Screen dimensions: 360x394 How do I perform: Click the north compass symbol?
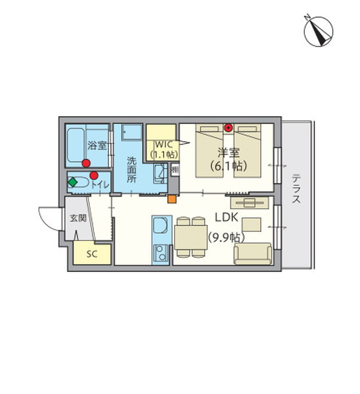tap(318, 31)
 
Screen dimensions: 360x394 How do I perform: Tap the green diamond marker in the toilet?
tap(72, 182)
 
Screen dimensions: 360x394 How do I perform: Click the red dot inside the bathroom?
tap(86, 164)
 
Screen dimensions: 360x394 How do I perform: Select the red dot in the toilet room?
tap(94, 175)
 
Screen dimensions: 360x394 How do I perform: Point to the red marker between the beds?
tap(228, 127)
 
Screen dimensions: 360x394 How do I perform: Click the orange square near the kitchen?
tap(172, 199)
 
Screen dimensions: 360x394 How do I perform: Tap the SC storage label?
tap(92, 254)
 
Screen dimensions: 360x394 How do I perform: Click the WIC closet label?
tap(164, 144)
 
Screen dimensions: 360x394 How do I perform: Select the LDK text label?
tap(226, 217)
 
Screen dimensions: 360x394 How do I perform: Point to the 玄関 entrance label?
tap(78, 218)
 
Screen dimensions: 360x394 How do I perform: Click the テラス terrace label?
tap(296, 188)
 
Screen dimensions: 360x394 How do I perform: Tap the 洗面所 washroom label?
tap(131, 169)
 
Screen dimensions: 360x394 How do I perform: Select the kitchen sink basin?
tap(160, 225)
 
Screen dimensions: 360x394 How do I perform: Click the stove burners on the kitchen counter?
tap(160, 253)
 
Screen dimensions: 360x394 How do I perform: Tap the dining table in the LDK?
tap(191, 237)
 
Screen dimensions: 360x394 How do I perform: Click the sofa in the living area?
tap(253, 253)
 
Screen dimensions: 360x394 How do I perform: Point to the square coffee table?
tap(252, 225)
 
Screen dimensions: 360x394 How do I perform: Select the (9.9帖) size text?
tap(226, 238)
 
